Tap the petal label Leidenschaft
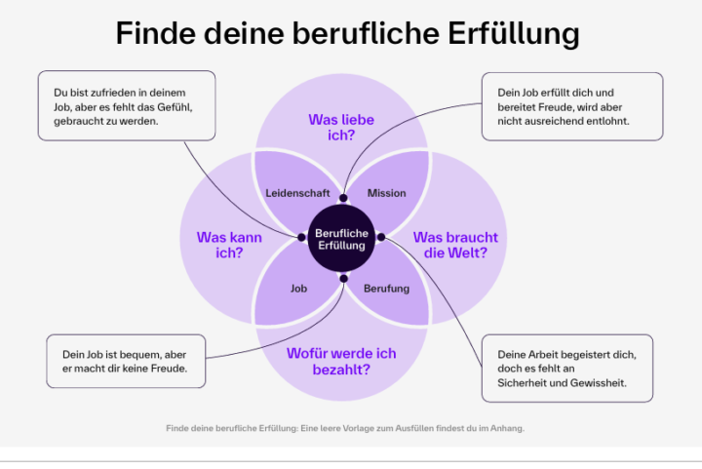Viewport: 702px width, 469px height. click(x=297, y=193)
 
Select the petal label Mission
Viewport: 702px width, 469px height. click(x=386, y=193)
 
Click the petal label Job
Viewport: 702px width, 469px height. click(x=299, y=289)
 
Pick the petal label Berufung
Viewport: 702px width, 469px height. click(x=386, y=289)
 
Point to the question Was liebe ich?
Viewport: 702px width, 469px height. click(x=341, y=128)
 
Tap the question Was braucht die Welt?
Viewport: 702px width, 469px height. click(x=455, y=245)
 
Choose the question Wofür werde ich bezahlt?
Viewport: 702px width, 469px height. click(x=341, y=362)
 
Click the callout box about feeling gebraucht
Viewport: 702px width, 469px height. click(x=127, y=106)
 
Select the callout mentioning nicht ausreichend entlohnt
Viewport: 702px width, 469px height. click(x=572, y=106)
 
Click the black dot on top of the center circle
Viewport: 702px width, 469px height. click(x=342, y=198)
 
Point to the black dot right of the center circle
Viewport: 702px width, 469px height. click(x=381, y=237)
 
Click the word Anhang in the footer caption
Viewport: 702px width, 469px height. click(x=507, y=428)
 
